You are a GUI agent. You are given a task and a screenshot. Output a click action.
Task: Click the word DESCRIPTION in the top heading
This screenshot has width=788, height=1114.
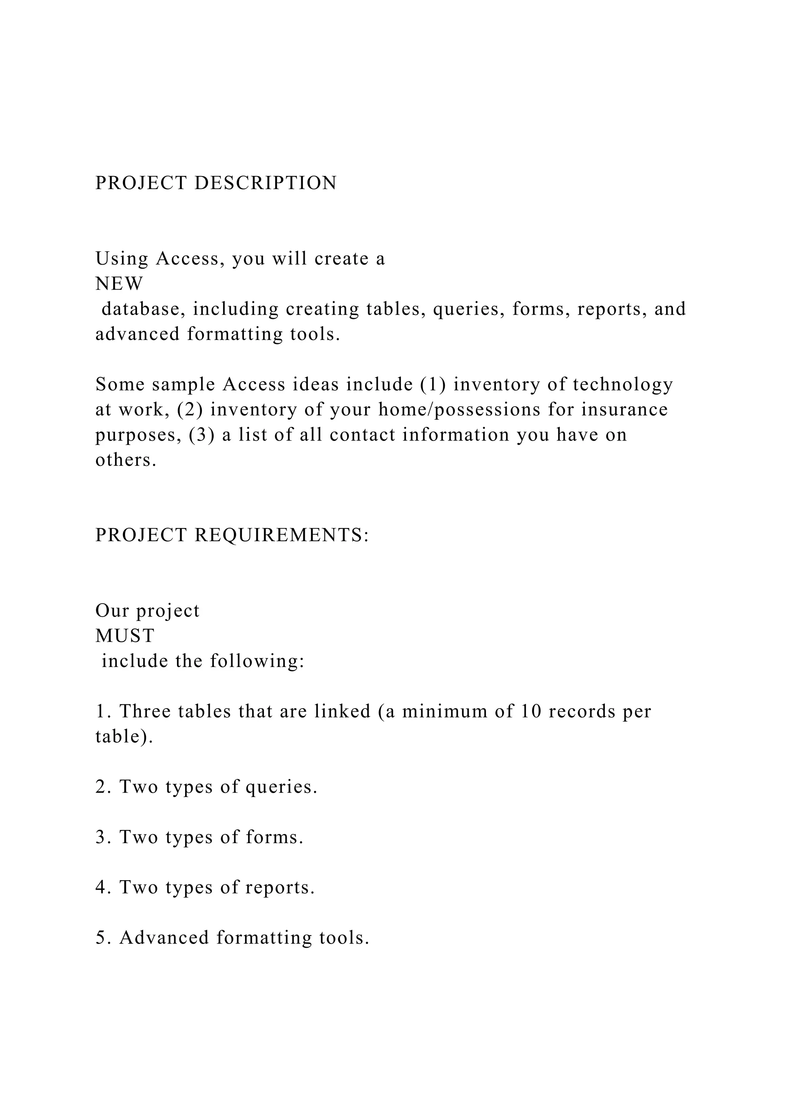pos(265,183)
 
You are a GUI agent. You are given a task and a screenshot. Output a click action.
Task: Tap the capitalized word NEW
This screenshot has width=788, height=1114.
pos(119,284)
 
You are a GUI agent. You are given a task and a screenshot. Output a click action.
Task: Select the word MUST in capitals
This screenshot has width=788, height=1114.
pos(125,635)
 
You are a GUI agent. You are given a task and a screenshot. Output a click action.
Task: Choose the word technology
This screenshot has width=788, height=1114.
pos(623,385)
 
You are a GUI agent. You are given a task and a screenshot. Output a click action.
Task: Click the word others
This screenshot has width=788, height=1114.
pos(126,460)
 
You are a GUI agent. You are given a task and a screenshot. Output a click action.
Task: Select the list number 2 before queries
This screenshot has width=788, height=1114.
pos(103,787)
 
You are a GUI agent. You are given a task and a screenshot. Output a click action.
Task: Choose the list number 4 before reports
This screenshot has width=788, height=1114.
pos(103,887)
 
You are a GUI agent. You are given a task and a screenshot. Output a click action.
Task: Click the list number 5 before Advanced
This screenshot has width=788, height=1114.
pos(103,938)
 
